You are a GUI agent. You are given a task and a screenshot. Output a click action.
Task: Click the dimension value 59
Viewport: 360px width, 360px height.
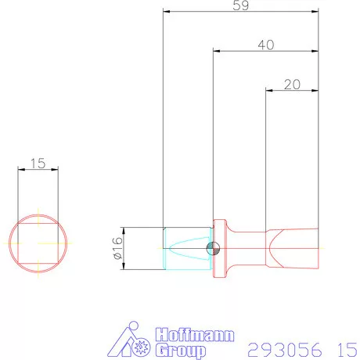coord(241,5)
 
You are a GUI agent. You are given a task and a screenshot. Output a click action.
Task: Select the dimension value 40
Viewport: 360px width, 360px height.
coord(265,45)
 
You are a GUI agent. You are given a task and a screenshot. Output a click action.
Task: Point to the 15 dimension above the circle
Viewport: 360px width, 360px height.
coord(37,164)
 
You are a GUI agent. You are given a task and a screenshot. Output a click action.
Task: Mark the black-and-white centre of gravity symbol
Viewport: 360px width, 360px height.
coord(211,249)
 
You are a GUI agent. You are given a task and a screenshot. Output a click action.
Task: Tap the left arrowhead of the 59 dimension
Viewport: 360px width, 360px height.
coord(166,11)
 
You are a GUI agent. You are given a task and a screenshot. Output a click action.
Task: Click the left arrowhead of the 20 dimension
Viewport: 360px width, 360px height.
coord(269,90)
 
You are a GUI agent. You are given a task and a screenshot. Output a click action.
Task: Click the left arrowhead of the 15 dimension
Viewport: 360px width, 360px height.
coord(20,170)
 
